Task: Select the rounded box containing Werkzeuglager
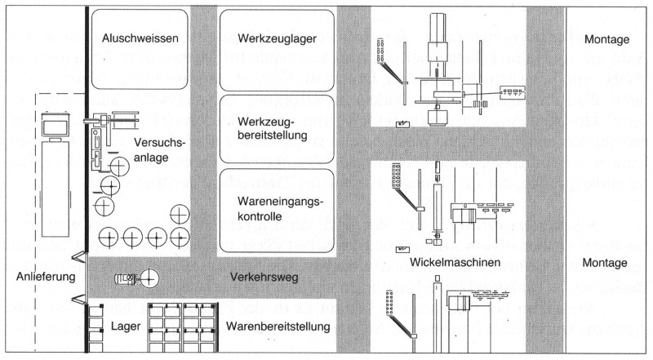[278, 49]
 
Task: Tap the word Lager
[126, 327]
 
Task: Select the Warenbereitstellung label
[278, 327]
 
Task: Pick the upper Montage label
[608, 38]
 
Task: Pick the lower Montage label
[608, 265]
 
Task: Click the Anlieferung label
[45, 276]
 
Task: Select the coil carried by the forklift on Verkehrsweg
[149, 278]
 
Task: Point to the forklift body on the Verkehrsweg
[126, 279]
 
